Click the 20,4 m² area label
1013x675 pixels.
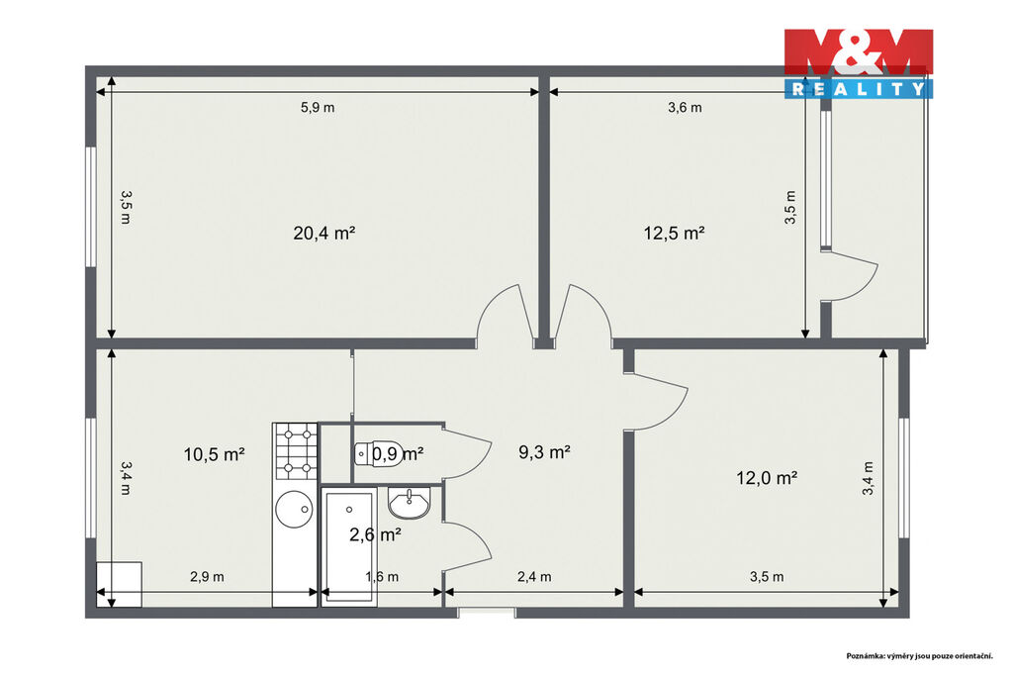point(324,233)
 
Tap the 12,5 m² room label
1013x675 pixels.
point(674,233)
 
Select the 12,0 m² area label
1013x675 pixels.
point(767,478)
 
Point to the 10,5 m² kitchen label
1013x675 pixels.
point(214,454)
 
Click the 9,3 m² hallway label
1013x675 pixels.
point(545,452)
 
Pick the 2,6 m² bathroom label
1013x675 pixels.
point(375,534)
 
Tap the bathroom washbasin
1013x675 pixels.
point(409,503)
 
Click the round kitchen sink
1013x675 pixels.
point(295,509)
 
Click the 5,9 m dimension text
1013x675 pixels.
point(318,108)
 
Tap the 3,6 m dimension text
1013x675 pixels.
point(685,108)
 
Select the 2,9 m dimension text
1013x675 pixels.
point(207,577)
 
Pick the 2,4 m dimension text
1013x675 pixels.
point(534,577)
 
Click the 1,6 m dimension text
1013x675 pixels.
point(382,577)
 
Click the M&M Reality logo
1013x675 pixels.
point(859,63)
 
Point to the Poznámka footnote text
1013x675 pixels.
point(919,656)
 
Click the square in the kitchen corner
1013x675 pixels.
point(120,585)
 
